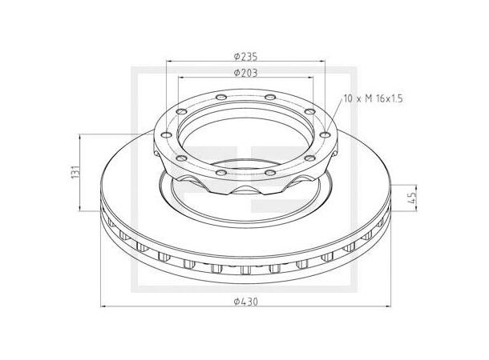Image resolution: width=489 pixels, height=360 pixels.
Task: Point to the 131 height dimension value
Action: pyautogui.click(x=73, y=172)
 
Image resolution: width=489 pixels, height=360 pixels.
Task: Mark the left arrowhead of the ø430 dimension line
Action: pyautogui.click(x=102, y=306)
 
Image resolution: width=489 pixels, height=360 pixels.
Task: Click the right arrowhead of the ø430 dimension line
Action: pyautogui.click(x=389, y=306)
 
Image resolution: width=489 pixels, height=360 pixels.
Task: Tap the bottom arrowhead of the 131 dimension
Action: pyautogui.click(x=79, y=210)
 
